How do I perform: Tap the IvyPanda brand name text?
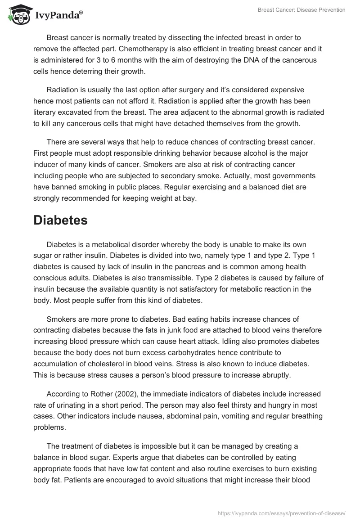click(x=58, y=16)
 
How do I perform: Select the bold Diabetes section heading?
click(x=60, y=221)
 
